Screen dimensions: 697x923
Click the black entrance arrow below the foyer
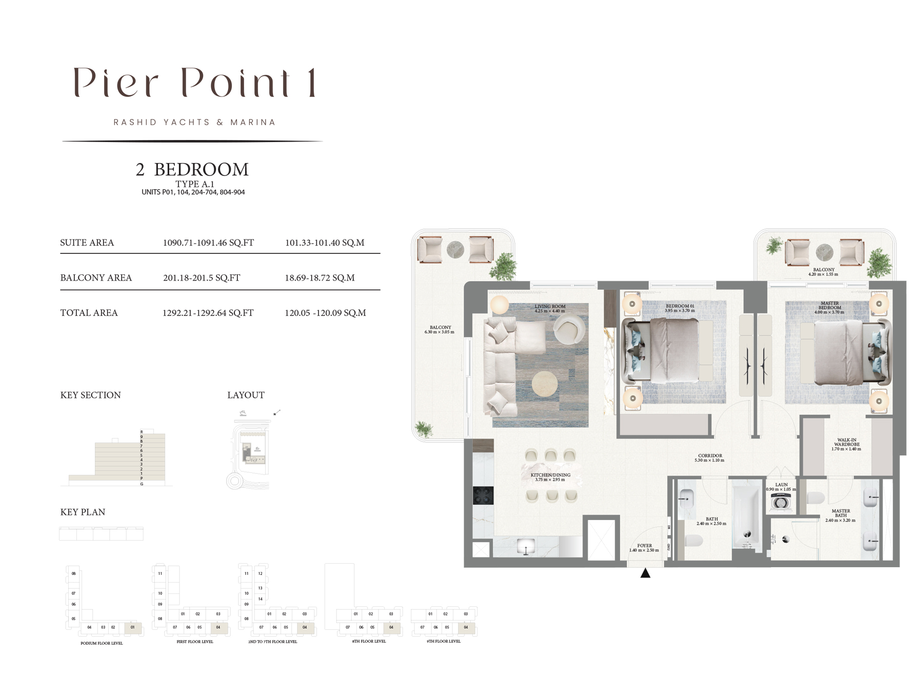pyautogui.click(x=645, y=573)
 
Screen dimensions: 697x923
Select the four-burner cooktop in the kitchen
pyautogui.click(x=483, y=496)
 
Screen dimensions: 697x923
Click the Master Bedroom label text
pyautogui.click(x=829, y=306)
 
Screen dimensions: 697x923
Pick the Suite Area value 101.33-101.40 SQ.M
pyautogui.click(x=325, y=243)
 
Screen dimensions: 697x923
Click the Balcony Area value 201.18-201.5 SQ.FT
pyautogui.click(x=202, y=278)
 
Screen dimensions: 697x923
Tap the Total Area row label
pyautogui.click(x=89, y=313)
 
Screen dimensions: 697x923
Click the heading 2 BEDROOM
pyautogui.click(x=192, y=170)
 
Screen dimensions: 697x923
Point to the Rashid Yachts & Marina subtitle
pyautogui.click(x=194, y=122)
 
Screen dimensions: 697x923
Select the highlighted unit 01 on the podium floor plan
pyautogui.click(x=132, y=627)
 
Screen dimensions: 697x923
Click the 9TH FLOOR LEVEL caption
pyautogui.click(x=443, y=641)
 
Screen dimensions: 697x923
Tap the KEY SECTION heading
pyautogui.click(x=91, y=395)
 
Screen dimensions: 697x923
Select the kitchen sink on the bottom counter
pyautogui.click(x=526, y=546)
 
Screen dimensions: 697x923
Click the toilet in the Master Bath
pyautogui.click(x=815, y=498)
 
